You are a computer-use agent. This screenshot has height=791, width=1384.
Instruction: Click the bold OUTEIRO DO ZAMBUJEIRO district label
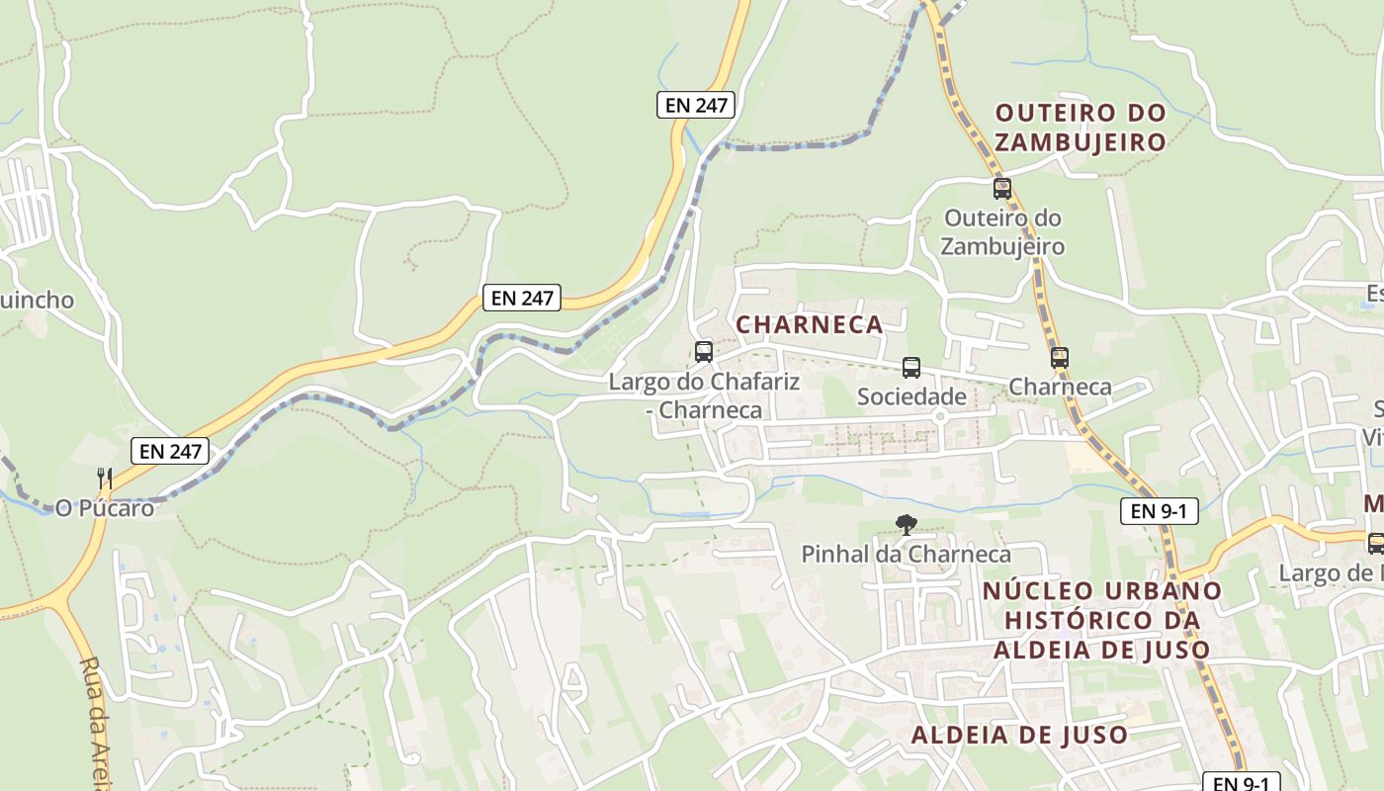pos(1081,128)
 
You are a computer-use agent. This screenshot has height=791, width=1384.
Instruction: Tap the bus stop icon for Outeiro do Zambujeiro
pos(1001,188)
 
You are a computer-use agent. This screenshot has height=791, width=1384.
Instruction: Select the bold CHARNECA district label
pos(809,324)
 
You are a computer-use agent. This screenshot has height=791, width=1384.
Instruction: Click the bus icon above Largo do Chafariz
pos(704,351)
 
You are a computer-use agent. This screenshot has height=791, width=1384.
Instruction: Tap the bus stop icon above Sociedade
pos(910,368)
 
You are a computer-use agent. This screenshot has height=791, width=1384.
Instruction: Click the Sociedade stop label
pos(910,397)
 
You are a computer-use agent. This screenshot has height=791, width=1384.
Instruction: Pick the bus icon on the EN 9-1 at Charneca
pos(1060,358)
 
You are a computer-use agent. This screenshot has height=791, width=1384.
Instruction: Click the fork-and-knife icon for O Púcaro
pos(105,479)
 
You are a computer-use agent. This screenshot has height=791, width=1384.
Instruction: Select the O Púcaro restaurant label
pos(105,508)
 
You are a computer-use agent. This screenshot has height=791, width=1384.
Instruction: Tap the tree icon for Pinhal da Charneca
pos(905,525)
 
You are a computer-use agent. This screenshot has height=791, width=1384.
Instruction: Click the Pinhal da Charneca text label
pos(906,555)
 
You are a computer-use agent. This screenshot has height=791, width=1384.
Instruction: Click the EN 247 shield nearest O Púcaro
pos(170,452)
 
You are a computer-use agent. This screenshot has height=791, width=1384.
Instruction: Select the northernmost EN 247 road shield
pos(695,105)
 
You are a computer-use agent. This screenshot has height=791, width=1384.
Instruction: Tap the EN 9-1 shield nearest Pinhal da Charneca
pos(1159,511)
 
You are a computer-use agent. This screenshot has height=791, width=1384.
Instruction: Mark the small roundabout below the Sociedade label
pos(940,417)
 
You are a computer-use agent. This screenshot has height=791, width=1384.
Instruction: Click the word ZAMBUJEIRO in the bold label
pos(1081,142)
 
